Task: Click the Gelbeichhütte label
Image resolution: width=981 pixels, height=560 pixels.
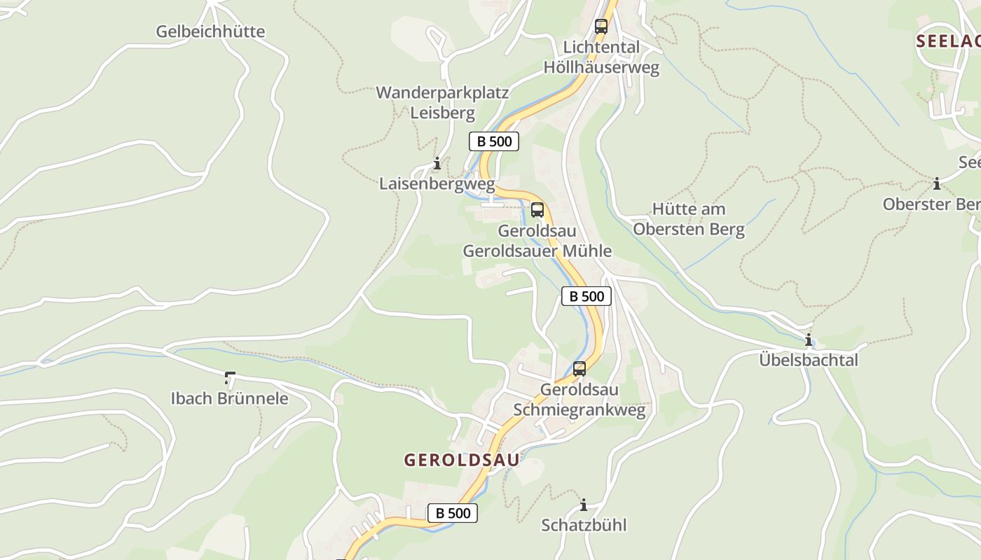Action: tap(210, 31)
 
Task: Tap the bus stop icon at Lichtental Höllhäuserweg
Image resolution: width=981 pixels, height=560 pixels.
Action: tap(601, 27)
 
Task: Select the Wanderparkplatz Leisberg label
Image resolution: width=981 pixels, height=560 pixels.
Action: tap(442, 102)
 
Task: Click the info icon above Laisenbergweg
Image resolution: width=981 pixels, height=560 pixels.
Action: tap(437, 164)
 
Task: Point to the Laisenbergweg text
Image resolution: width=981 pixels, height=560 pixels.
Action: tap(437, 184)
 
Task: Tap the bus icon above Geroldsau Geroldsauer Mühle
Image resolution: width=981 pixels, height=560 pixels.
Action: tap(537, 209)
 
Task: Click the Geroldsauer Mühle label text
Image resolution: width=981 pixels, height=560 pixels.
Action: tap(537, 251)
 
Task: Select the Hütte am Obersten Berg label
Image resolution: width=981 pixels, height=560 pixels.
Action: tap(689, 219)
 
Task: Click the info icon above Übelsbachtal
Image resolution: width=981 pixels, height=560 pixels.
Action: tap(809, 340)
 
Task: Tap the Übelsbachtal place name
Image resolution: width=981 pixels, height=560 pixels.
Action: tap(809, 360)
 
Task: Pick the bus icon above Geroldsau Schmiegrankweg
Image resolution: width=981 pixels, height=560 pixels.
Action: tap(579, 369)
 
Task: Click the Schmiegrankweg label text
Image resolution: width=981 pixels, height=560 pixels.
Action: tap(579, 409)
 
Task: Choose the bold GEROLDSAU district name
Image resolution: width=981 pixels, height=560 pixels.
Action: tap(462, 460)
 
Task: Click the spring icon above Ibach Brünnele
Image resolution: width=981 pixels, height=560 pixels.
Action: tap(230, 379)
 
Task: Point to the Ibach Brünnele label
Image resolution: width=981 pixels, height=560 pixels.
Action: tap(230, 398)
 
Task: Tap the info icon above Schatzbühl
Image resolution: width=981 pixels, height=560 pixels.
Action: tap(584, 505)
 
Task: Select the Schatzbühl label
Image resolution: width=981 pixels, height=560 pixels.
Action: tap(584, 525)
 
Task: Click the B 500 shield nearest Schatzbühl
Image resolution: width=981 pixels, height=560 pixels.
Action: tap(453, 513)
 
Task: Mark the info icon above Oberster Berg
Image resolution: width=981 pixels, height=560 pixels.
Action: tap(937, 184)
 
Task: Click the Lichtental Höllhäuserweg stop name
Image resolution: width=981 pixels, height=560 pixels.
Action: tap(602, 57)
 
